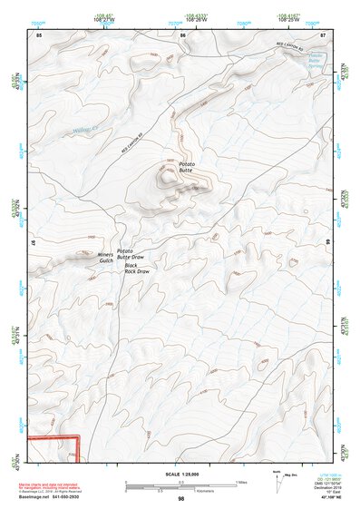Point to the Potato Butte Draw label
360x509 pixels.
[x=131, y=252]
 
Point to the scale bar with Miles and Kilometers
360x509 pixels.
[x=180, y=485]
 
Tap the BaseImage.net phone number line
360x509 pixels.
[x=54, y=496]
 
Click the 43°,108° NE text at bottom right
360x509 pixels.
[x=326, y=498]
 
